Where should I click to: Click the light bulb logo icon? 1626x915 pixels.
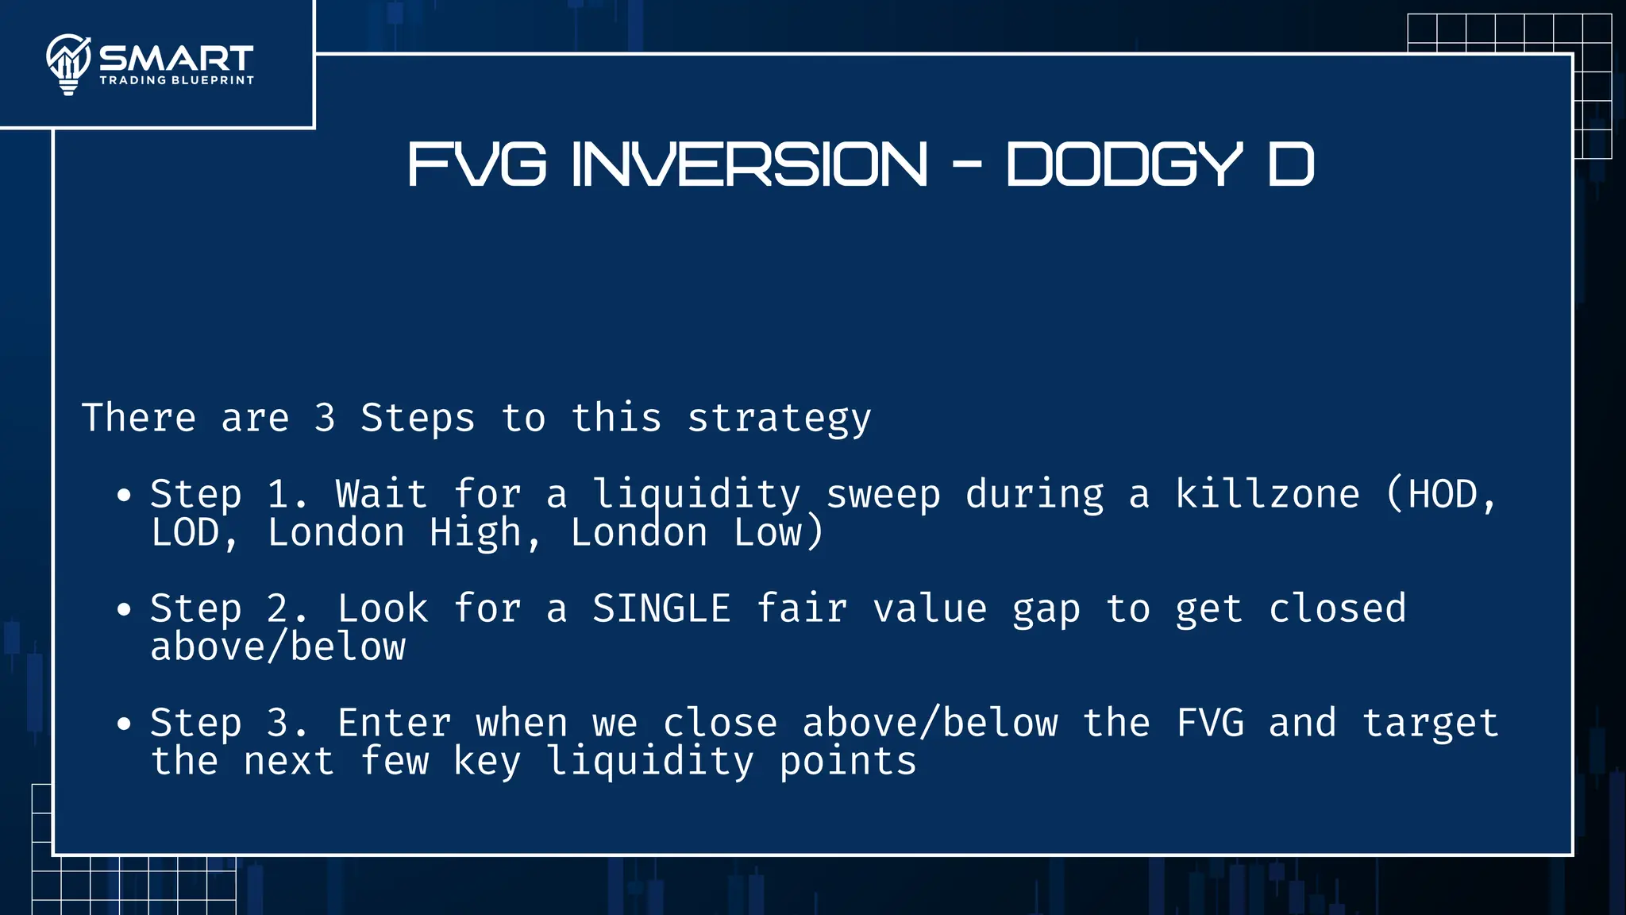(68, 64)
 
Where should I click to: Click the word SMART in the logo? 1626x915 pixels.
(176, 58)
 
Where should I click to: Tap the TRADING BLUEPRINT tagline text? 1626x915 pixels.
(176, 80)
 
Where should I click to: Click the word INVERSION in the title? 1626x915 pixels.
(749, 164)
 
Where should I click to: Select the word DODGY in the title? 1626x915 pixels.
(1123, 164)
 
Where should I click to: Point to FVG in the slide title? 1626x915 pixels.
(477, 164)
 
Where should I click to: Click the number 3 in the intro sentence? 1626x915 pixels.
(324, 418)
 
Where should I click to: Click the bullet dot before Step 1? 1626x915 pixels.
(124, 496)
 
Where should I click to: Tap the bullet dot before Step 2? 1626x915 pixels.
(124, 610)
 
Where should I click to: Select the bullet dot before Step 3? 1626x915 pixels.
(124, 724)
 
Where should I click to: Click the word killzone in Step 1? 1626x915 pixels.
(1267, 494)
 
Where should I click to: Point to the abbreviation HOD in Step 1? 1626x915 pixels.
(1443, 494)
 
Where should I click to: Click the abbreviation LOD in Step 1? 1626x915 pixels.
(185, 532)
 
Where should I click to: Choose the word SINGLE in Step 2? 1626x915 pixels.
(661, 608)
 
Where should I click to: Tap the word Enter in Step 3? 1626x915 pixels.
(395, 723)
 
